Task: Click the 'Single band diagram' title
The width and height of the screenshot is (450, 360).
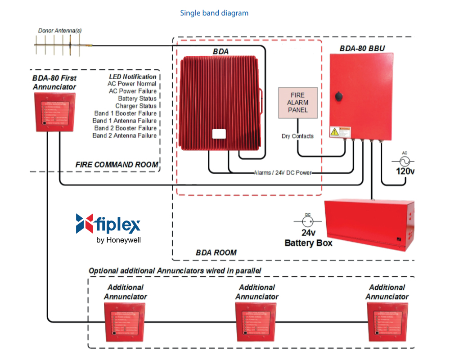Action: [x=214, y=13]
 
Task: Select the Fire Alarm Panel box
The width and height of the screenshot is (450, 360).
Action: [x=298, y=103]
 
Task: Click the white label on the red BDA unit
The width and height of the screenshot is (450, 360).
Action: [x=219, y=134]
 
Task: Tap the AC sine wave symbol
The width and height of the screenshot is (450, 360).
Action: [x=404, y=161]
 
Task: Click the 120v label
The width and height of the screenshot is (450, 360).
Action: [x=405, y=171]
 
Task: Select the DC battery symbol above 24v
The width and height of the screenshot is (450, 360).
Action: [x=307, y=222]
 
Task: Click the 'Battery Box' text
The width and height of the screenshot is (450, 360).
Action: [x=308, y=243]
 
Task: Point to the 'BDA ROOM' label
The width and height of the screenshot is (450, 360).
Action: [x=216, y=252]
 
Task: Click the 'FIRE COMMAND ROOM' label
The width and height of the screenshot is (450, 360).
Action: [x=117, y=165]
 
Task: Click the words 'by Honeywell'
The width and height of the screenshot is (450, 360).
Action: [x=119, y=240]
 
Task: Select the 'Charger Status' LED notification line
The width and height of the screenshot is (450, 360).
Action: [x=136, y=106]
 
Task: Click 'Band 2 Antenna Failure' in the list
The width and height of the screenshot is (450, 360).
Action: [x=125, y=135]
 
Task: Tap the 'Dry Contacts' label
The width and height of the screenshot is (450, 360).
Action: [x=297, y=136]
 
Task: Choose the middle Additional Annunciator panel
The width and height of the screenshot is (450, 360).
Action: [x=256, y=321]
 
